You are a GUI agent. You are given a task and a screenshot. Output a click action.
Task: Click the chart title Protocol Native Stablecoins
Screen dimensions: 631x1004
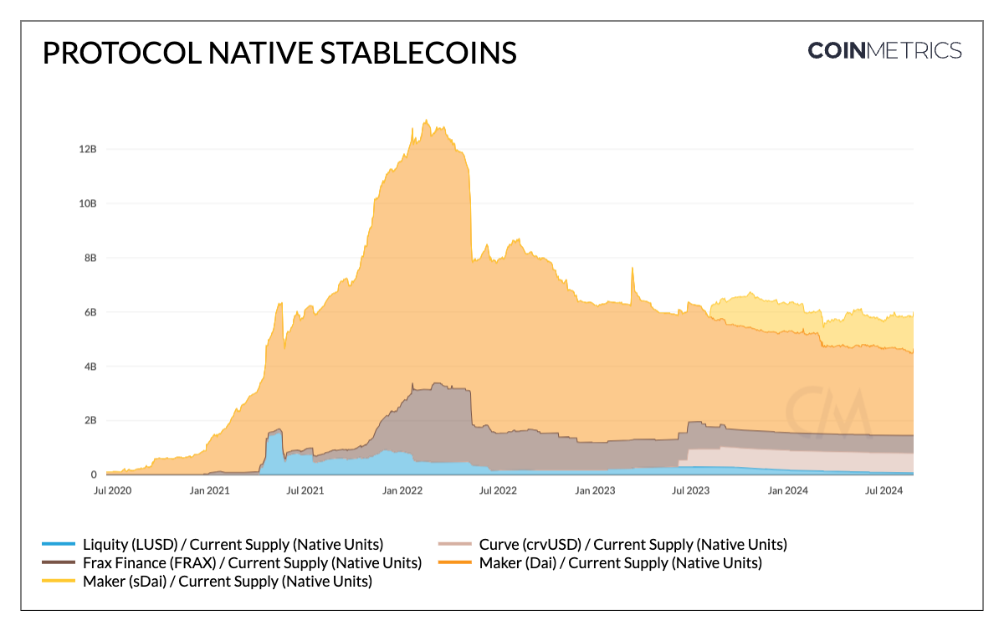279,53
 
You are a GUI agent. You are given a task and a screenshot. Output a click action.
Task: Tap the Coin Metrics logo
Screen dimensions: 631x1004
884,51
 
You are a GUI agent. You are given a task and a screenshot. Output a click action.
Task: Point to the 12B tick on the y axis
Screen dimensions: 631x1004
86,149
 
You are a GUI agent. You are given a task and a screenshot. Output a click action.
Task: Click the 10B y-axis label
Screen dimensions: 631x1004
86,203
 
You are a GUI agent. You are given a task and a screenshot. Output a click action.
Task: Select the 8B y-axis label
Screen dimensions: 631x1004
90,258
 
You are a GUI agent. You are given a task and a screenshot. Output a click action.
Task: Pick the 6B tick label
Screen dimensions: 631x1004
90,312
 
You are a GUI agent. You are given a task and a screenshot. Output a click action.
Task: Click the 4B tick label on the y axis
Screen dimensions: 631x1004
90,367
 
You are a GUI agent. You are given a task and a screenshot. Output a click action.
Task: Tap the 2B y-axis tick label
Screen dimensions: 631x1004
90,420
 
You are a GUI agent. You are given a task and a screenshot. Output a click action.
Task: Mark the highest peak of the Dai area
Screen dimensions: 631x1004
427,121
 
